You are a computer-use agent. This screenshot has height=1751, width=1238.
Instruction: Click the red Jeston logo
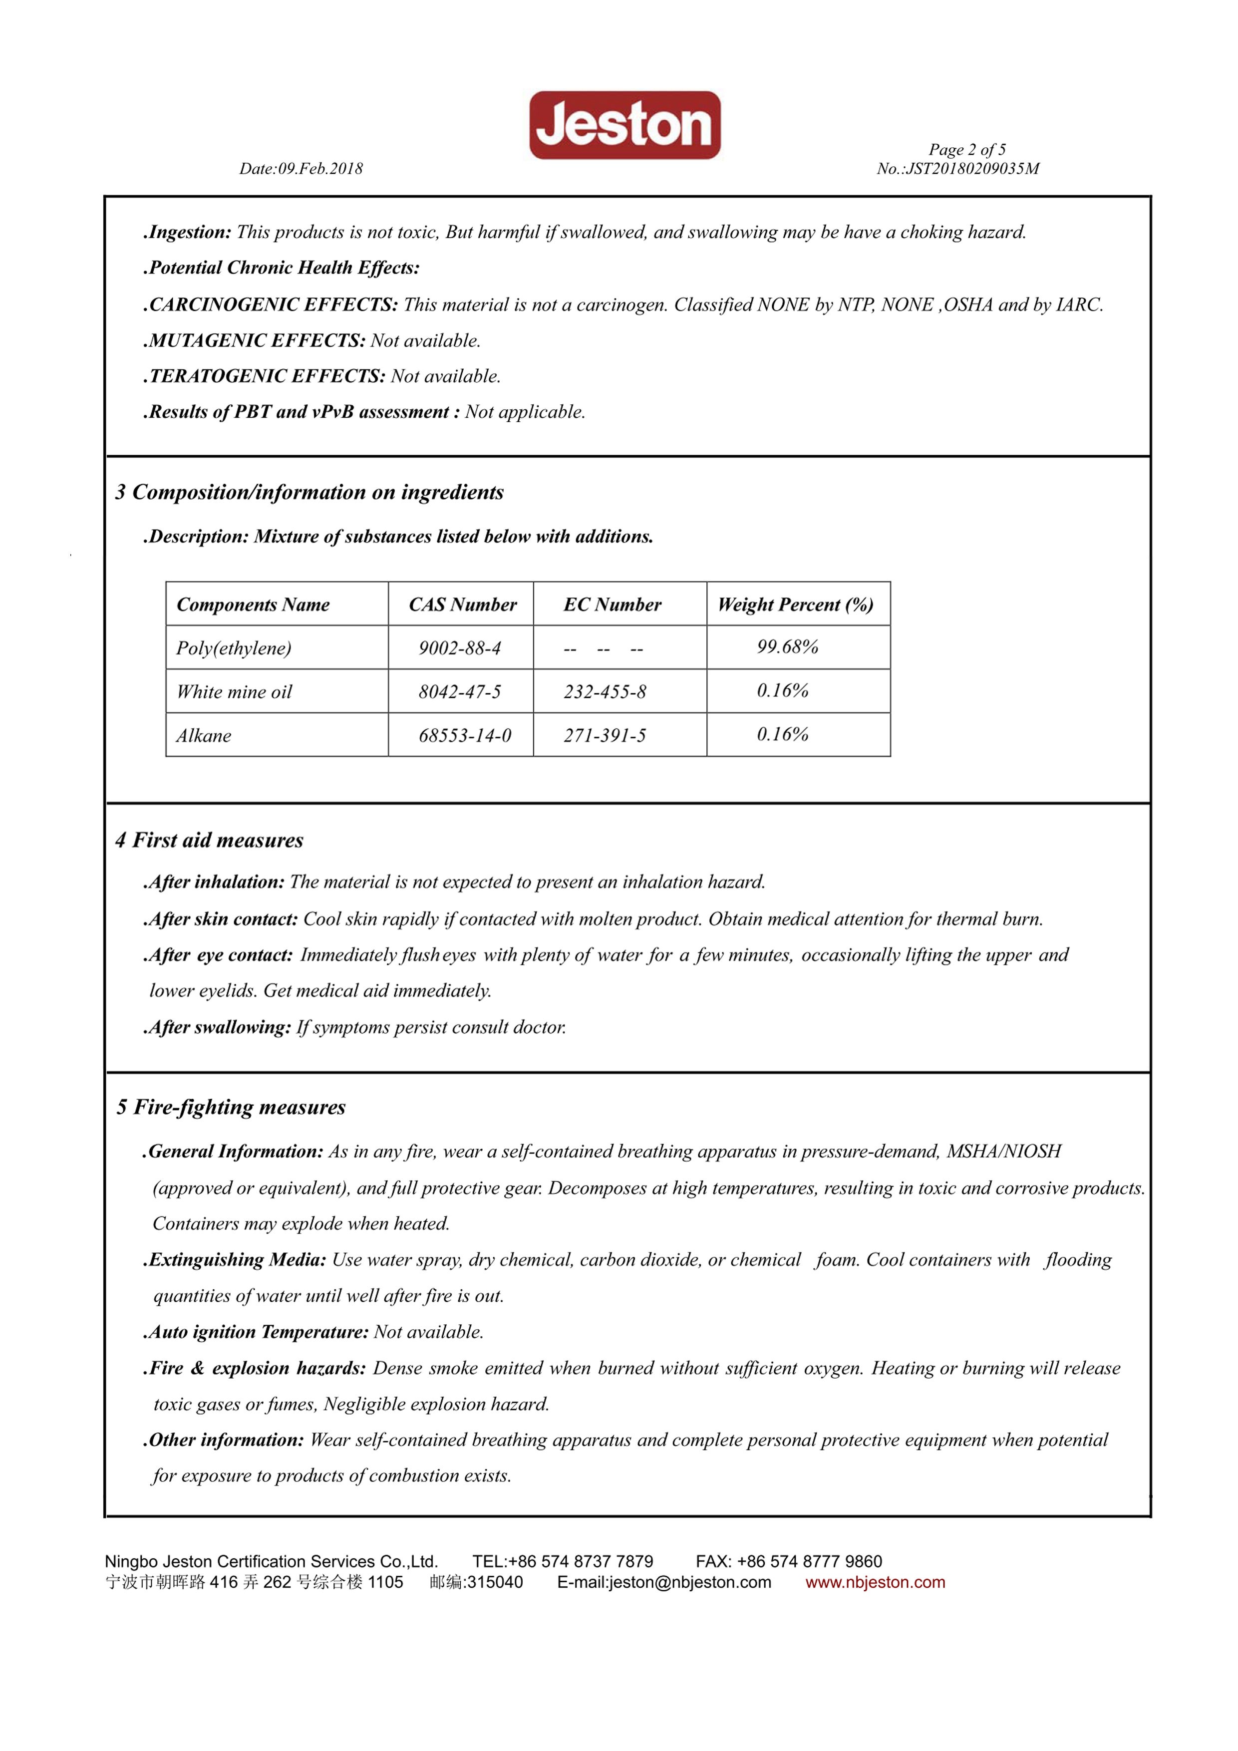pos(624,125)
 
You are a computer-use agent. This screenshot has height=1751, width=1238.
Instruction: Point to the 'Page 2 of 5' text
pos(966,149)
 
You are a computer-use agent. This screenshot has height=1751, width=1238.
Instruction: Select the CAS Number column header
pos(462,605)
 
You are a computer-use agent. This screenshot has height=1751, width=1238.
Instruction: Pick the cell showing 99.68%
pos(787,647)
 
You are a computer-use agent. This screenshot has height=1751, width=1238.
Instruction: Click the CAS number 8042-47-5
pos(459,692)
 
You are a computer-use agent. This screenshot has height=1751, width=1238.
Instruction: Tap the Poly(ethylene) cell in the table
pos(234,648)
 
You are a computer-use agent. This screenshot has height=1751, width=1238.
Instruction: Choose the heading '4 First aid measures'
pos(209,841)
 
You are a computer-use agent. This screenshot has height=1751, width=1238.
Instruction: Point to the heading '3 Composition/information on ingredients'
pos(309,493)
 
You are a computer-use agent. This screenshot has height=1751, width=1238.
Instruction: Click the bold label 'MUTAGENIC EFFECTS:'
pos(257,341)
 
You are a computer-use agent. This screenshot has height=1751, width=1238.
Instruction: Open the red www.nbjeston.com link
pos(875,1582)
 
